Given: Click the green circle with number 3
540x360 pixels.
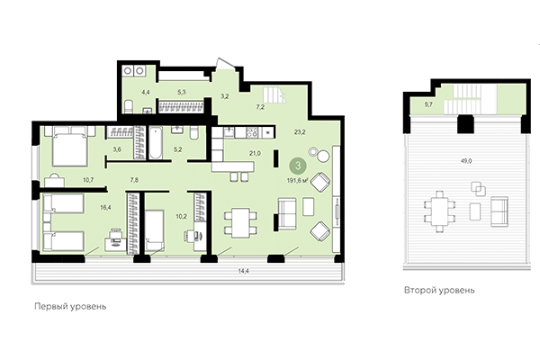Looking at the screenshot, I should point(298,166).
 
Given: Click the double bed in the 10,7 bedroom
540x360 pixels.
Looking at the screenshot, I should point(66,147).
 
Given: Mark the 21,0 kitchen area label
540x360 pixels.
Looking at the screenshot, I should point(255,153).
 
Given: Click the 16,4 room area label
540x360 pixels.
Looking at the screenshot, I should point(81,207).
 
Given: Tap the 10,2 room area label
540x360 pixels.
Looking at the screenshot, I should point(181,216).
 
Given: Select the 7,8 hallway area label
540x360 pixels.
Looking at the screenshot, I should point(134,180).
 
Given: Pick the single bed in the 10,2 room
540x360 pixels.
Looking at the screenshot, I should point(155,229).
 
